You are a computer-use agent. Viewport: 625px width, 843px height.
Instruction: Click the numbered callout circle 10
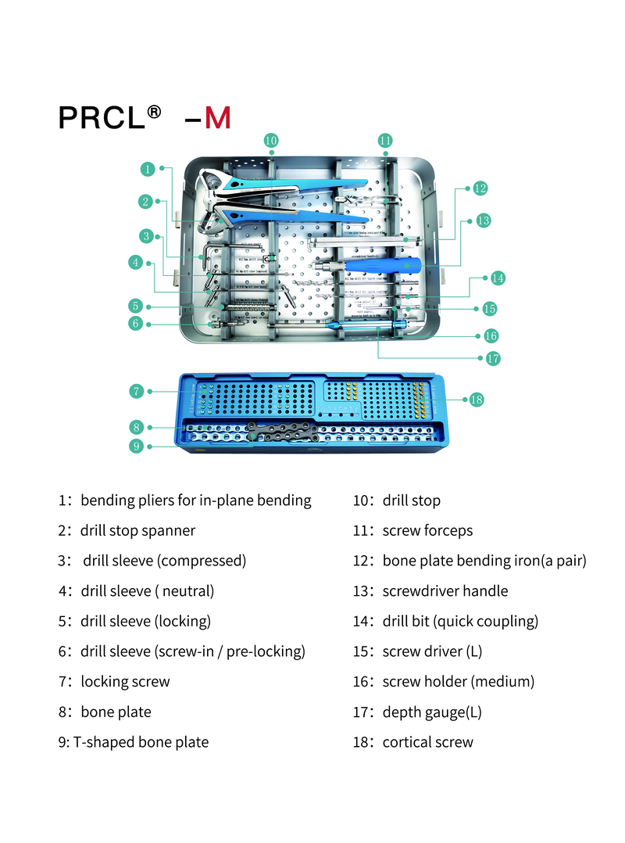pos(270,141)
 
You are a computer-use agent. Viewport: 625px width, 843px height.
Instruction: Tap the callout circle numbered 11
pos(384,141)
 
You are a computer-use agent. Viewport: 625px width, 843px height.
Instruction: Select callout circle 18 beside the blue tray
pos(477,400)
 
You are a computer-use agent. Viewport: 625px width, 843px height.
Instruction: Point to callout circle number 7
pos(136,390)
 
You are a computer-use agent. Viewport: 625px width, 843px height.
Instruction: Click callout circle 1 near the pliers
pos(147,168)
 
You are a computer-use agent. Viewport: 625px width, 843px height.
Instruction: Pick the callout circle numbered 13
pos(483,221)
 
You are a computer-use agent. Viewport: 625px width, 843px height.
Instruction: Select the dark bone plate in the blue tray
pos(281,429)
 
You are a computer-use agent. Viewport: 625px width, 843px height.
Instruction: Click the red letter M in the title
pos(218,117)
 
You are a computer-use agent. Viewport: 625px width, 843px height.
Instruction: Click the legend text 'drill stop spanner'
pos(137,531)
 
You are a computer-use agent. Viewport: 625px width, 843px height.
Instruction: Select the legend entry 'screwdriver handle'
pos(445,591)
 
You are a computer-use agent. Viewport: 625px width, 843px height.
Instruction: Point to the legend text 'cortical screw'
pos(427,742)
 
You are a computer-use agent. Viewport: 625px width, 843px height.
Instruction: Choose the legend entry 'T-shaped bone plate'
pos(141,742)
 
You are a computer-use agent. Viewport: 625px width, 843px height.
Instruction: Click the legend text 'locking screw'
pos(125,682)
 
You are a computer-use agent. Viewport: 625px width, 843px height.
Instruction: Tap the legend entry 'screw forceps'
pos(427,531)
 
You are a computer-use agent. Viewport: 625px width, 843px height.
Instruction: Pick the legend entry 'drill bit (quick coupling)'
pos(460,622)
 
